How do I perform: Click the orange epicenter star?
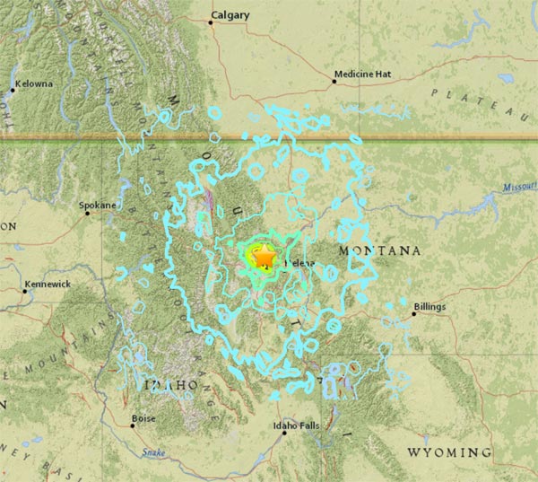(x=265, y=258)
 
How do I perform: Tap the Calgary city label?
(x=230, y=14)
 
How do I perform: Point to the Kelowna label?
(x=36, y=83)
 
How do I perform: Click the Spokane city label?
(x=98, y=205)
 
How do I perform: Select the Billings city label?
(x=429, y=306)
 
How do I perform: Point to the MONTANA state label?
(x=379, y=250)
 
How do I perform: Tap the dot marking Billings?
(x=413, y=314)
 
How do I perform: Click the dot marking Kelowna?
(x=14, y=90)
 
